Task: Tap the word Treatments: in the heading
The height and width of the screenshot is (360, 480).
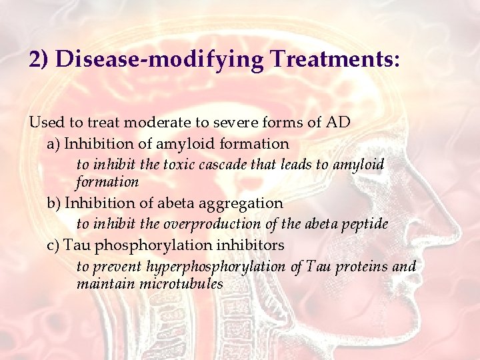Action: (335, 59)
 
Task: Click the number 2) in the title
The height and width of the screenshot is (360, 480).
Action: (39, 60)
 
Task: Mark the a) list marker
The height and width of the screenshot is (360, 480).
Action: (53, 143)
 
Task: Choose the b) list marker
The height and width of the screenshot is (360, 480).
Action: (54, 203)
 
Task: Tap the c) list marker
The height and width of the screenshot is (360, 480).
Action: (53, 245)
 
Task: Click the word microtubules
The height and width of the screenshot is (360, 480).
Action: (181, 284)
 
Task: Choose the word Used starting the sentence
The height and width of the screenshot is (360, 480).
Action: (44, 122)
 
